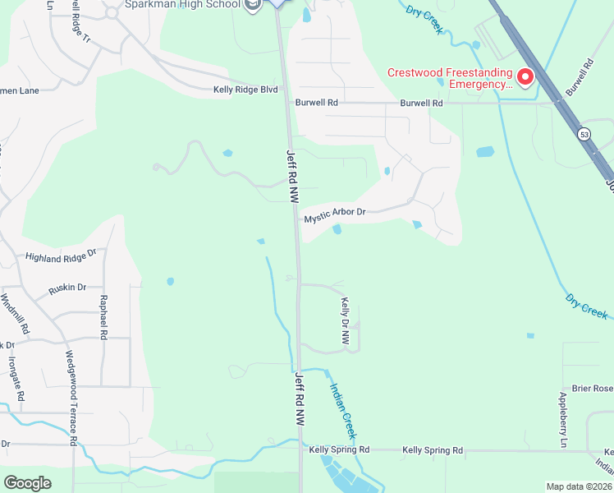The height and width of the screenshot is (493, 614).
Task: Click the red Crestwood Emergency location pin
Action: point(524,77)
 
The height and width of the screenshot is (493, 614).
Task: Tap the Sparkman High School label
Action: point(182,5)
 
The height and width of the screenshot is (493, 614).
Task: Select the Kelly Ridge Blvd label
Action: point(245,90)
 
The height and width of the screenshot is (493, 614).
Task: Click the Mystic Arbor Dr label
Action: point(334,216)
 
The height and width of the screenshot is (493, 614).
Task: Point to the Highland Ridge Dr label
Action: point(61,257)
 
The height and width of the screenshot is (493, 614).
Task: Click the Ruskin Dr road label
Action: point(67,288)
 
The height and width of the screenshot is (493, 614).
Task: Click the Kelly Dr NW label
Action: point(346,320)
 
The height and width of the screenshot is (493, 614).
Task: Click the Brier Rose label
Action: point(591,389)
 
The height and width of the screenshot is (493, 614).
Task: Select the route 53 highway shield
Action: point(584,133)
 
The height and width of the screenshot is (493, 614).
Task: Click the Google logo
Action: point(27,483)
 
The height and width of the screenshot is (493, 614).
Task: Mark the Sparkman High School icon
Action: point(253,5)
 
